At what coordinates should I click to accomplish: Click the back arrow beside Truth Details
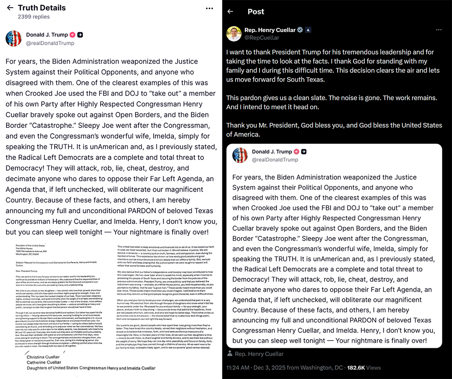click(10, 8)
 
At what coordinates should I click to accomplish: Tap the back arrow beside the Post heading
click(231, 11)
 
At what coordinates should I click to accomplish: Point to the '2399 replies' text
click(33, 17)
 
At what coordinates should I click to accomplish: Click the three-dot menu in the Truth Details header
click(209, 8)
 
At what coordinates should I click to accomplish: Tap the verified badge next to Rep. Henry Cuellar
click(300, 30)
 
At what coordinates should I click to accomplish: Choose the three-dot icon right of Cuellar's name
click(438, 30)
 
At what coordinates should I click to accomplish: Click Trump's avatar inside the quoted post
click(240, 155)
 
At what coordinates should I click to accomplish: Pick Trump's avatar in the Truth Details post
click(14, 38)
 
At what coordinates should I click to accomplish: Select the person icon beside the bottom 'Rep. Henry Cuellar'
click(230, 354)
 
